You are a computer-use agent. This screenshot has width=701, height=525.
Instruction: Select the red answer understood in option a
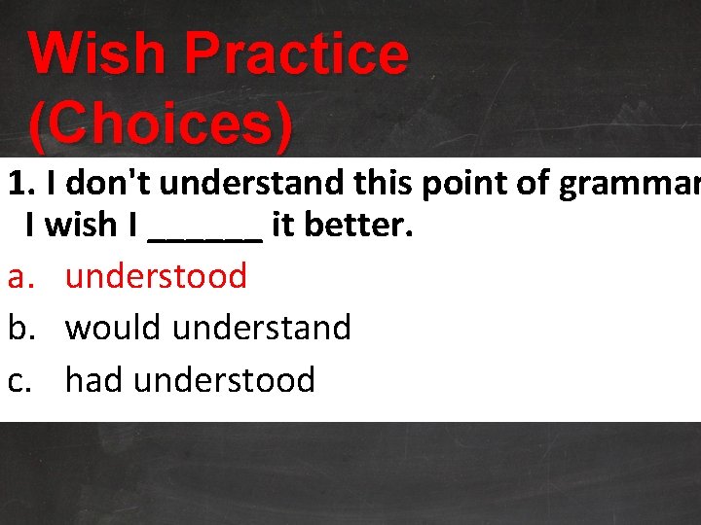point(156,276)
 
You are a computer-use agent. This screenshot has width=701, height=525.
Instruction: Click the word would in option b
point(114,328)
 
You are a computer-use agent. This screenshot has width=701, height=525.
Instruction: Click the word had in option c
point(94,379)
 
